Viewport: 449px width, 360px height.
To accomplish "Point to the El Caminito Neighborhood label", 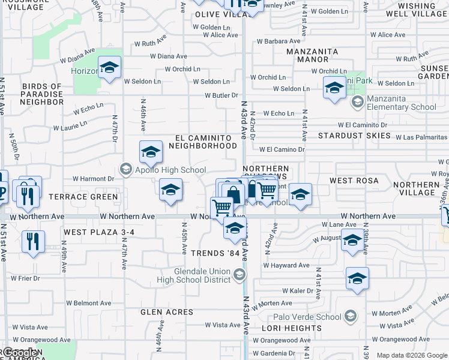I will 202,142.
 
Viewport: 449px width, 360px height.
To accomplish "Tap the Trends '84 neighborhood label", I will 215,253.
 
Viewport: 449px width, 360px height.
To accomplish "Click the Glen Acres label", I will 167,312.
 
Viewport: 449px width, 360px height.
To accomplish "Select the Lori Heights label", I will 292,328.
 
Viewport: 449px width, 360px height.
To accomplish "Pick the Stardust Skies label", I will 354,136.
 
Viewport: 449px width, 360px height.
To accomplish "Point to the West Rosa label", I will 354,181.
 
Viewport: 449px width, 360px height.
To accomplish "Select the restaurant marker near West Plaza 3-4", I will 33,242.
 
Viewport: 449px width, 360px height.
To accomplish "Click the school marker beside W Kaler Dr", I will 357,278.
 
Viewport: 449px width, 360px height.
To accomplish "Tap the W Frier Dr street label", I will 25,278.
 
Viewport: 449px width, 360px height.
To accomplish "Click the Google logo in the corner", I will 19,353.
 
